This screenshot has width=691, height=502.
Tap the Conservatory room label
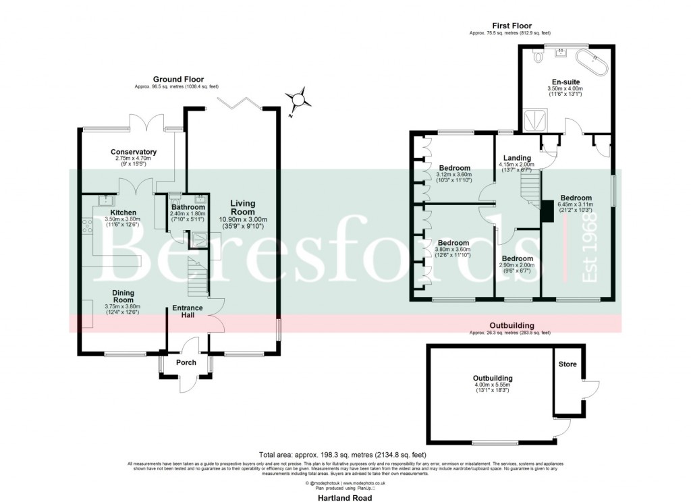[134, 152]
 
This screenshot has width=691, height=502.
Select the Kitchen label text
[123, 213]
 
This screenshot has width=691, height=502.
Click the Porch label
[186, 362]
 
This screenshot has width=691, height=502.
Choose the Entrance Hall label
[187, 312]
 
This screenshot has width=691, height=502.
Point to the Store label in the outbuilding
[568, 365]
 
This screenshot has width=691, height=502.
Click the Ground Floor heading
[178, 79]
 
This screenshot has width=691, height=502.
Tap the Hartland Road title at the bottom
[345, 497]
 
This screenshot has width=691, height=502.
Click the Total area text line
[345, 454]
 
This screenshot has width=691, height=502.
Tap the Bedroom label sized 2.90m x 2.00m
[517, 258]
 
